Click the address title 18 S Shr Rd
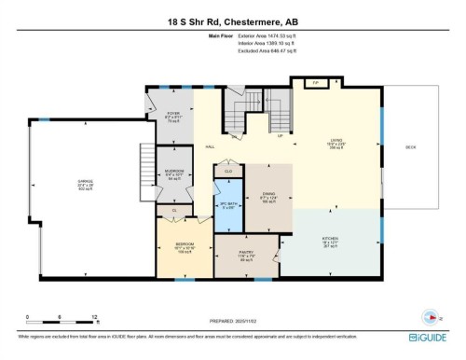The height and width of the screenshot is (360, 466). coord(231,21)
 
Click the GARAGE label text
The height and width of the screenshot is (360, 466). coord(86,185)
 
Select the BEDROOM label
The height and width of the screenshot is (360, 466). coord(185,249)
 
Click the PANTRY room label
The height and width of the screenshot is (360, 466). coord(246,256)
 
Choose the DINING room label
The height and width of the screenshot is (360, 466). coord(268,197)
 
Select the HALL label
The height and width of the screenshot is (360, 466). coord(211,147)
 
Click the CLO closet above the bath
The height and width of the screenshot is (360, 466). coord(228,171)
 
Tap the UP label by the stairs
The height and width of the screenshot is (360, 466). coord(281,135)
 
